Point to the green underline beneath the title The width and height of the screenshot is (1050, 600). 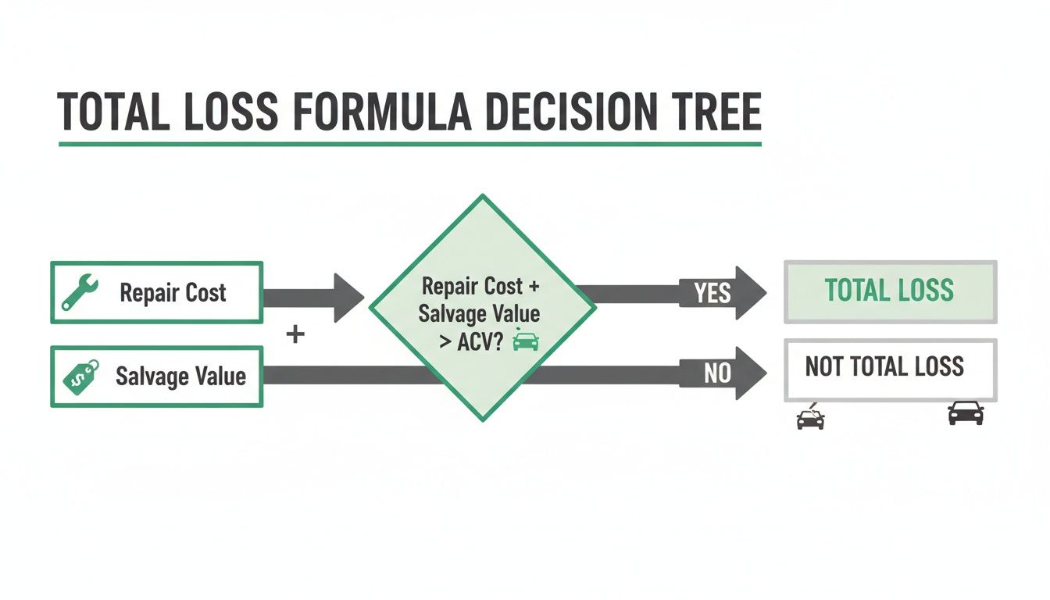tap(409, 144)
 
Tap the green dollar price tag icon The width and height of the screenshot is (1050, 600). tap(80, 376)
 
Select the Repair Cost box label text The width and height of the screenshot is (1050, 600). tap(173, 293)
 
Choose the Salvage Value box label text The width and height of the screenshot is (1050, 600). tap(180, 377)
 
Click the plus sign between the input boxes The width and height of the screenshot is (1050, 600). tap(295, 335)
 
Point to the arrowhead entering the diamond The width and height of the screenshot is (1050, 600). tap(348, 298)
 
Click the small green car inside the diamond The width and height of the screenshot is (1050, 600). tap(525, 341)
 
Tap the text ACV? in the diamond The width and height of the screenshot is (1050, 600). tap(480, 341)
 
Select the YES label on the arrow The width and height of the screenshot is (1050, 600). tap(712, 294)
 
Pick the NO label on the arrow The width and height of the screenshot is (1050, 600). tap(716, 374)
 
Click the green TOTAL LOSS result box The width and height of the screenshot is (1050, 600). tap(890, 291)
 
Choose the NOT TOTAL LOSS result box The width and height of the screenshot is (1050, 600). tap(890, 368)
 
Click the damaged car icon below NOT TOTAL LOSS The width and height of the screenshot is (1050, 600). tap(810, 417)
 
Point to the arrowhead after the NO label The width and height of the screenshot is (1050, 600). tap(751, 374)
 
